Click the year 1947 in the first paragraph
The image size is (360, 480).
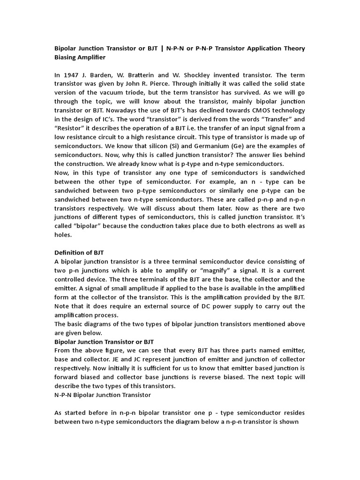coord(70,75)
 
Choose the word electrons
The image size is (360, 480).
coord(263,226)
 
